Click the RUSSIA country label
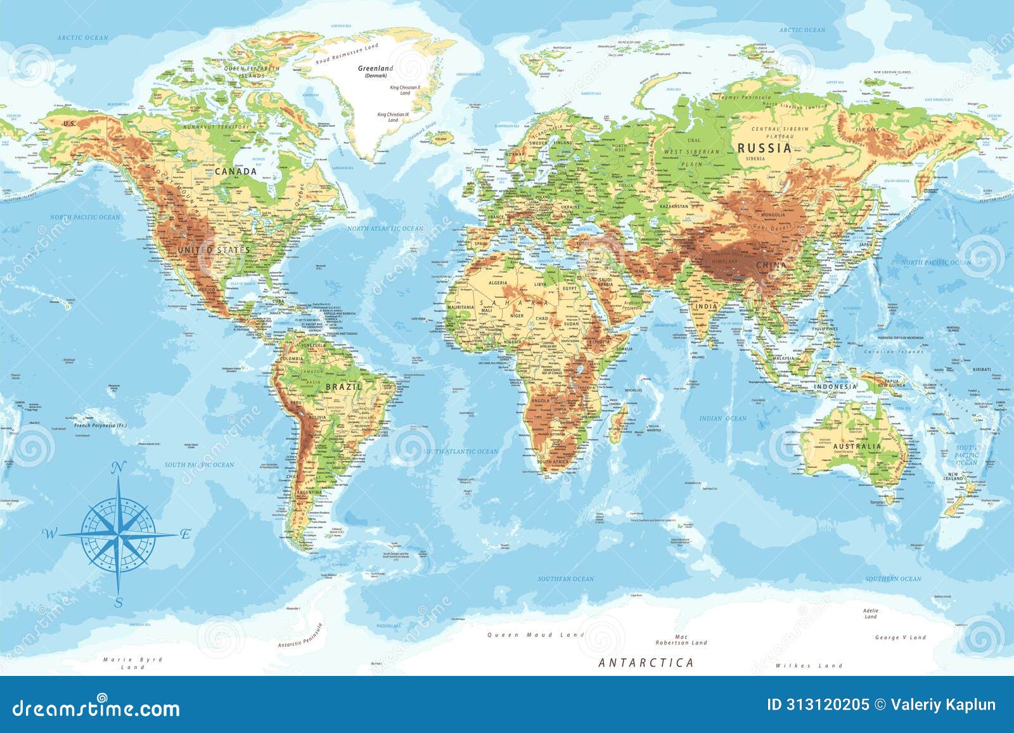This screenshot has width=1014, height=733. tap(764, 148)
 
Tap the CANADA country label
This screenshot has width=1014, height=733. tap(236, 171)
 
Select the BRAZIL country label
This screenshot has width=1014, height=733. tap(344, 386)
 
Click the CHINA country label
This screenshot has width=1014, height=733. tap(771, 265)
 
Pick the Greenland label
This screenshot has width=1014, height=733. tap(375, 68)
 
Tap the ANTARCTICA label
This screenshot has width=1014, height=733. tap(646, 663)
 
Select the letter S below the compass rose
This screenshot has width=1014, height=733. tap(119, 603)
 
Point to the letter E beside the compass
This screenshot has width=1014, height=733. tap(185, 534)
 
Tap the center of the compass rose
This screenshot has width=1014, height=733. tap(119, 535)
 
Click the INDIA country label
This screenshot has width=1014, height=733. tap(706, 306)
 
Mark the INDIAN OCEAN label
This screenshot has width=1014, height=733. tap(722, 418)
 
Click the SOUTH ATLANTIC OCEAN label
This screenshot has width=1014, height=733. tap(461, 451)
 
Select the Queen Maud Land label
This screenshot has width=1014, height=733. tap(529, 635)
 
